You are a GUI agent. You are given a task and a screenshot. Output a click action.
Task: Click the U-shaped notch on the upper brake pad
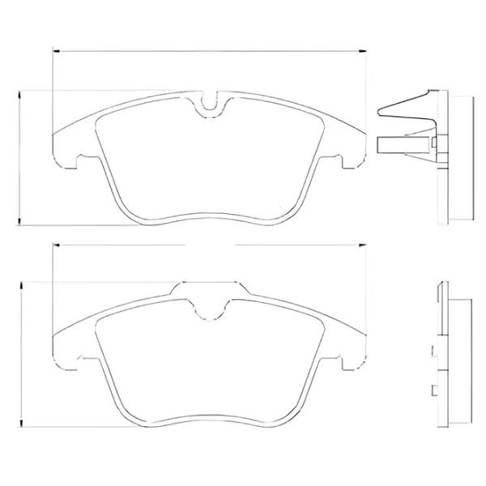(x=209, y=104)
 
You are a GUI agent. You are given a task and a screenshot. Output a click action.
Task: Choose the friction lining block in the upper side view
(x=461, y=158)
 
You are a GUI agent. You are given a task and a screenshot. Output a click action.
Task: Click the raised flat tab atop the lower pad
(x=209, y=285)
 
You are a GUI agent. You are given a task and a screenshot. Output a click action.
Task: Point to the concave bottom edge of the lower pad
(x=209, y=418)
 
